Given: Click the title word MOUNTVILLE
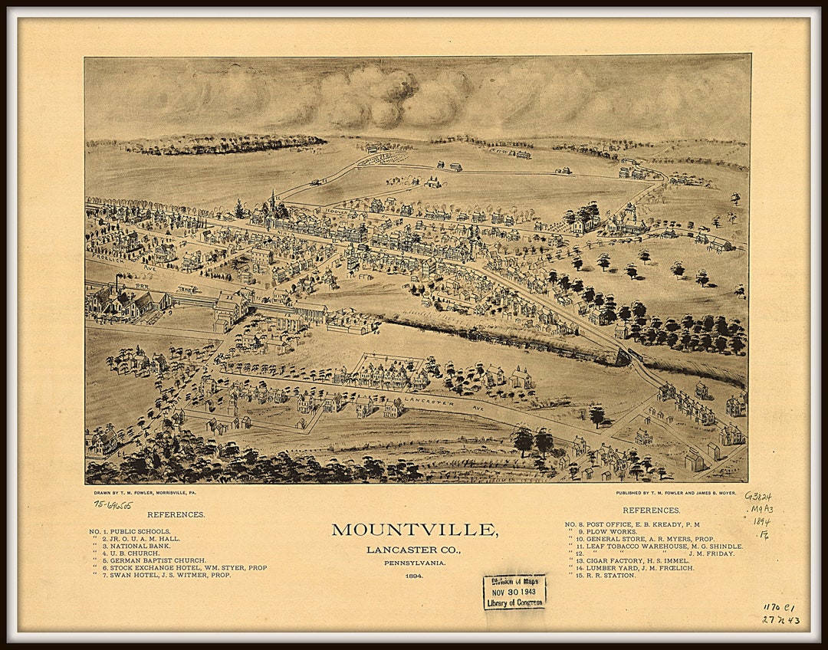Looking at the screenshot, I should [414, 530].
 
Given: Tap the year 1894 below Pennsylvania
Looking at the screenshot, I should [414, 576].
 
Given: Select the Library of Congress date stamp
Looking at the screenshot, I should [514, 592].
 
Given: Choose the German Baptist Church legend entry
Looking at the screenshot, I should [157, 560].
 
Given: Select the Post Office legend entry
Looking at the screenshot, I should [636, 524].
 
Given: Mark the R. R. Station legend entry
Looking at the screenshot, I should [606, 575].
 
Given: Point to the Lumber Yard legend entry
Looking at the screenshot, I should [633, 568].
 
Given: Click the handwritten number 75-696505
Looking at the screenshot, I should [113, 505].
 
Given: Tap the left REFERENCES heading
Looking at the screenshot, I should [176, 514].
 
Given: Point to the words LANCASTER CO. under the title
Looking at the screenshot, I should [414, 550].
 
